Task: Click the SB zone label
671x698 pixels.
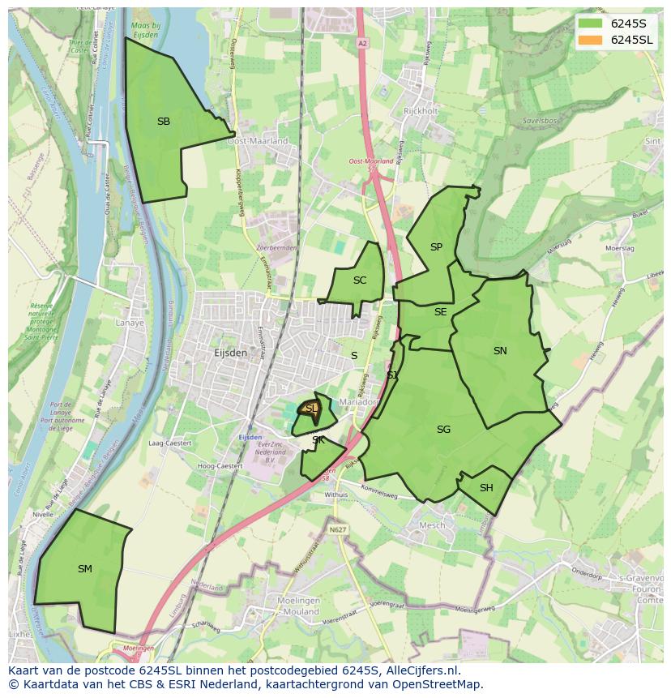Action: click(x=164, y=122)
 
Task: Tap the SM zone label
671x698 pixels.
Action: click(x=85, y=569)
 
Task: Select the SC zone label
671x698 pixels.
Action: click(x=360, y=280)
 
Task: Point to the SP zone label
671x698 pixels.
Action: click(x=436, y=247)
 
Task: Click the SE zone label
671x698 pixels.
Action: click(x=440, y=312)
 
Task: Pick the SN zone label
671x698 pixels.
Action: click(x=500, y=351)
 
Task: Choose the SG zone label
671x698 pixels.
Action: click(x=443, y=430)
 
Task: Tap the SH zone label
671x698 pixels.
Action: click(x=486, y=488)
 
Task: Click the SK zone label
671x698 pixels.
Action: click(x=318, y=440)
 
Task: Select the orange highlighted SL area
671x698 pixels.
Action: click(x=311, y=409)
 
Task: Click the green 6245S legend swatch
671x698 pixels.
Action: click(x=590, y=23)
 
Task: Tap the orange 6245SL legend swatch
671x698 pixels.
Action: click(x=590, y=40)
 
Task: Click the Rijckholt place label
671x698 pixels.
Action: click(x=421, y=111)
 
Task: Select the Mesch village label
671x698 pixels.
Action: click(x=431, y=525)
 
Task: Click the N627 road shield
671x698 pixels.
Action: click(x=338, y=530)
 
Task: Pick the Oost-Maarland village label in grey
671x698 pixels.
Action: click(x=258, y=141)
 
